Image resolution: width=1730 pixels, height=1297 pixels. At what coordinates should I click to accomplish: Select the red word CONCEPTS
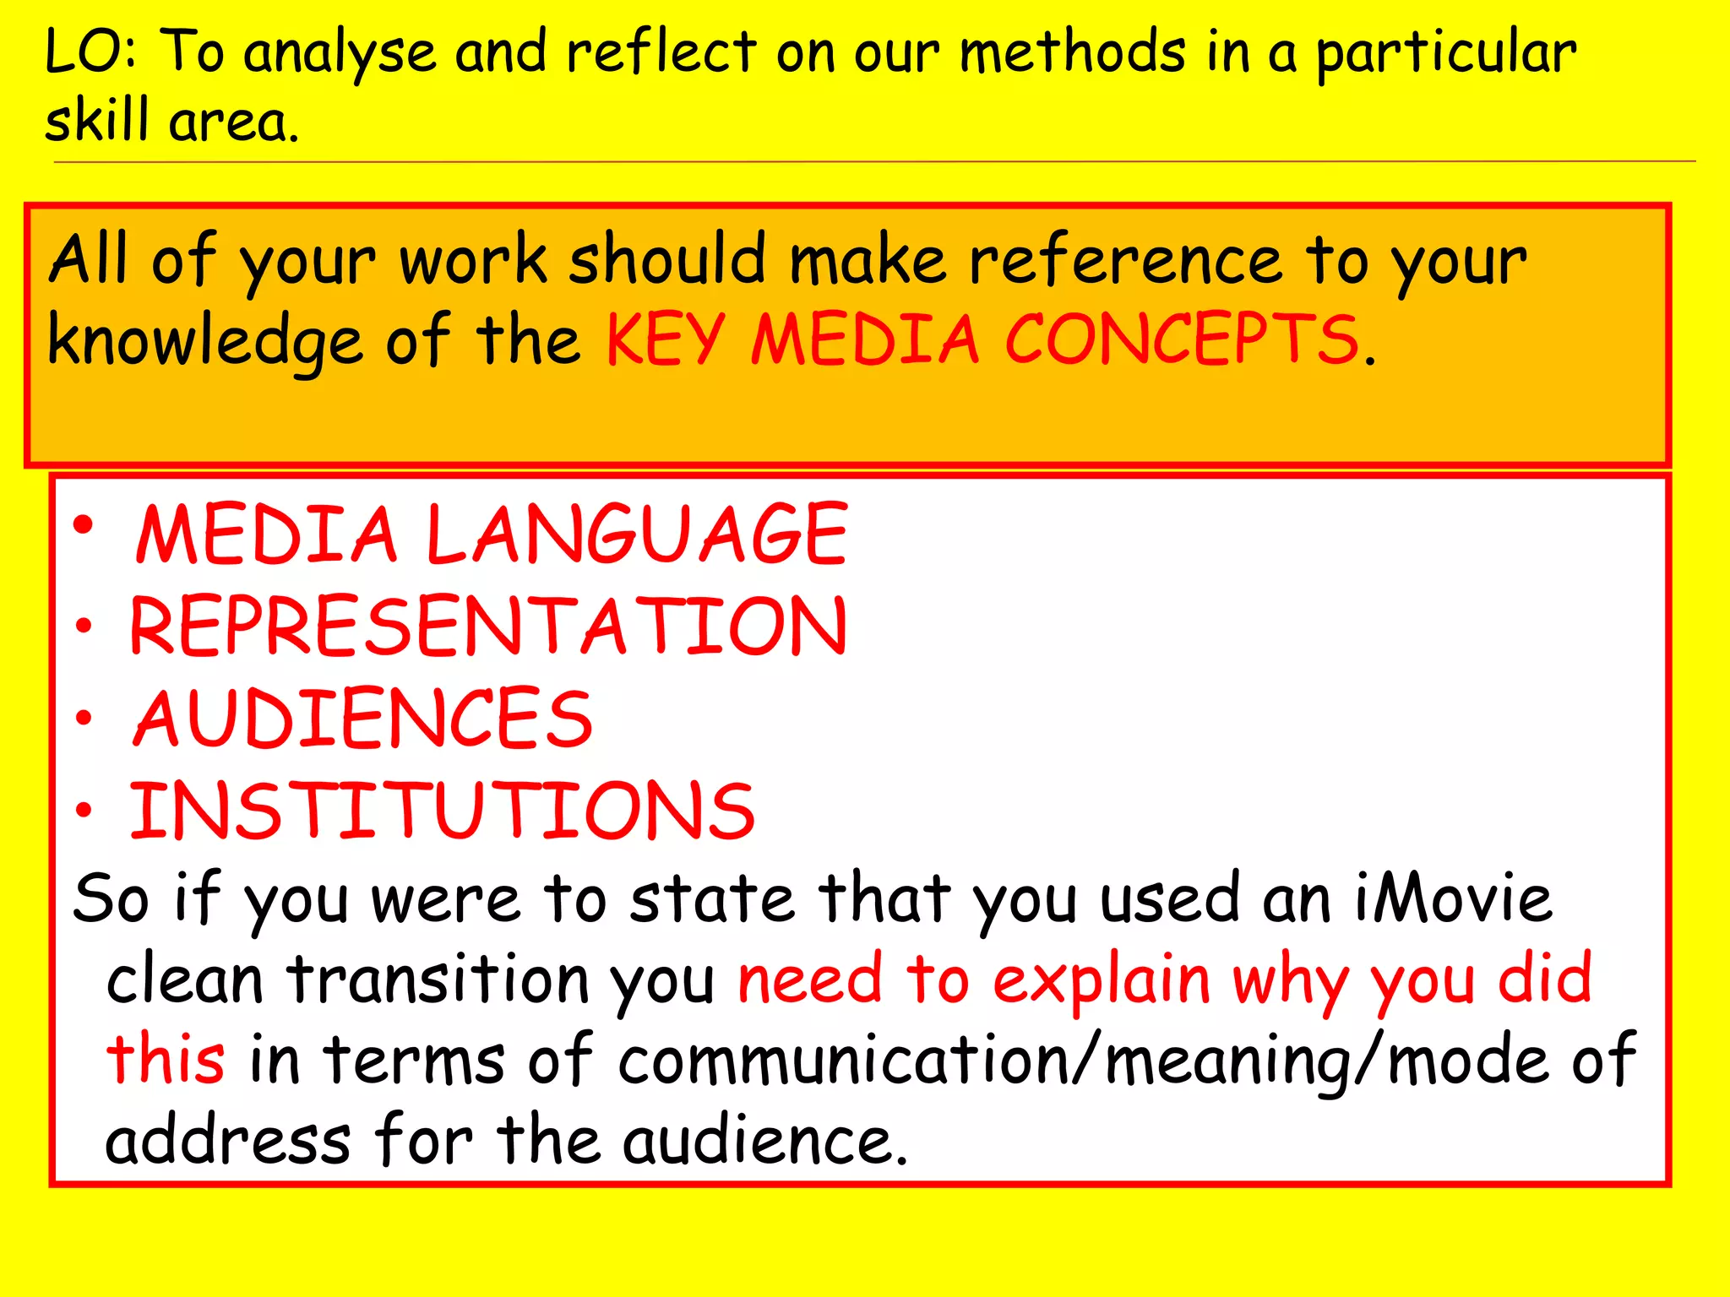(1181, 340)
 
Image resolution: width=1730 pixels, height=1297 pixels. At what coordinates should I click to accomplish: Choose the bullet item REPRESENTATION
(488, 627)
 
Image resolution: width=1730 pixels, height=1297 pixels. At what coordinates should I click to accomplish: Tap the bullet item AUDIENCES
(363, 719)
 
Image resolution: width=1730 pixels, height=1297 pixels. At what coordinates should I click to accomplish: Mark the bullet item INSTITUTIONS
(442, 811)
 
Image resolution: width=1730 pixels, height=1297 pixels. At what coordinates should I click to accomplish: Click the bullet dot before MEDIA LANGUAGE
(83, 526)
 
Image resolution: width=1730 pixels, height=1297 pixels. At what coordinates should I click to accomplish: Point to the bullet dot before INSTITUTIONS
(83, 810)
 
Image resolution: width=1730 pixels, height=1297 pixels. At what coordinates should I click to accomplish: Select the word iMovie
(1453, 898)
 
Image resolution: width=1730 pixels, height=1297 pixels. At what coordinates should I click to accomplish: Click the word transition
(438, 980)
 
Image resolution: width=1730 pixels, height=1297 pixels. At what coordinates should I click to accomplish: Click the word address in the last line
(228, 1141)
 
